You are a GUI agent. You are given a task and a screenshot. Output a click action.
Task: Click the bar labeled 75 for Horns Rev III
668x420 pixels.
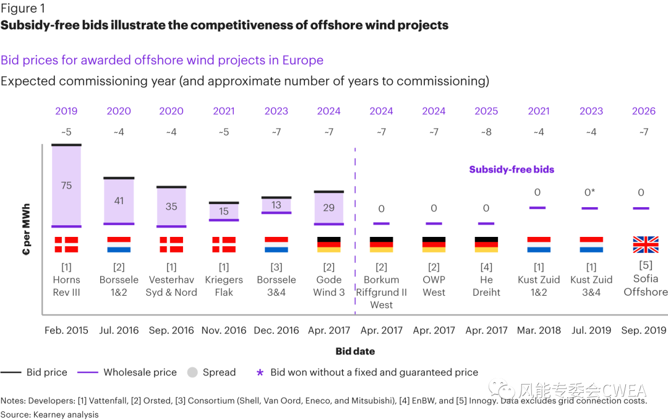(66, 186)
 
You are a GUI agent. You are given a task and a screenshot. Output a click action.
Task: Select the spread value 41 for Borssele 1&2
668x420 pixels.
(119, 200)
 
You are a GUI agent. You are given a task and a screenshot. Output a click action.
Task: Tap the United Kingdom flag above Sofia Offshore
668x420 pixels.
(645, 245)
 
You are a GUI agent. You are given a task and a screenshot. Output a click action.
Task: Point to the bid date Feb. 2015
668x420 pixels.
(66, 330)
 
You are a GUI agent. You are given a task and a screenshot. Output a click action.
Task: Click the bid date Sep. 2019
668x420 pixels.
(644, 330)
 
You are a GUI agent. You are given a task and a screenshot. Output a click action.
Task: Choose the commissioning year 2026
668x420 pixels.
(644, 111)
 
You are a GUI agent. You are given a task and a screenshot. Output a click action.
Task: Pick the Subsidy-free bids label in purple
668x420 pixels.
(512, 169)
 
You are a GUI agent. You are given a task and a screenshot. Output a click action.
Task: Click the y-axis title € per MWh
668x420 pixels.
(27, 229)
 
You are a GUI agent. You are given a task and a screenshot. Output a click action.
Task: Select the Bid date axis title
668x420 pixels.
(355, 351)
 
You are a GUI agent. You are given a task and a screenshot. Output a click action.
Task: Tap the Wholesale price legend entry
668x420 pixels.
(140, 372)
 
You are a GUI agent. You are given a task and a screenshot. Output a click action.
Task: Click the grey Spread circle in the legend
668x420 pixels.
(192, 372)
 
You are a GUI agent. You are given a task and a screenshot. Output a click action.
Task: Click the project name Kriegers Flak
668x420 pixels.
(224, 286)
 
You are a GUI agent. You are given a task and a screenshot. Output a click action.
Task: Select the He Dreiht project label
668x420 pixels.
(486, 286)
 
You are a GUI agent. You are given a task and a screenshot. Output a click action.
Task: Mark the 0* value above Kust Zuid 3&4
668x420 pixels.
(591, 192)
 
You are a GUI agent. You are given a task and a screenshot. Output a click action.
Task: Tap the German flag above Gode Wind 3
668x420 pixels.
(328, 245)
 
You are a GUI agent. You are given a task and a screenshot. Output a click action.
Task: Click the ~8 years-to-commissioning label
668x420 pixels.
(486, 132)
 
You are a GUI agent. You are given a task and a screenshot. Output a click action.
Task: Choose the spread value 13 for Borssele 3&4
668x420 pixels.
(276, 205)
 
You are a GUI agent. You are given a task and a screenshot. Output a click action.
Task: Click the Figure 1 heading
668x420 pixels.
(22, 9)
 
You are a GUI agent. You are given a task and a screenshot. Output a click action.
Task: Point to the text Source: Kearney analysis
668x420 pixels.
(49, 414)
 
